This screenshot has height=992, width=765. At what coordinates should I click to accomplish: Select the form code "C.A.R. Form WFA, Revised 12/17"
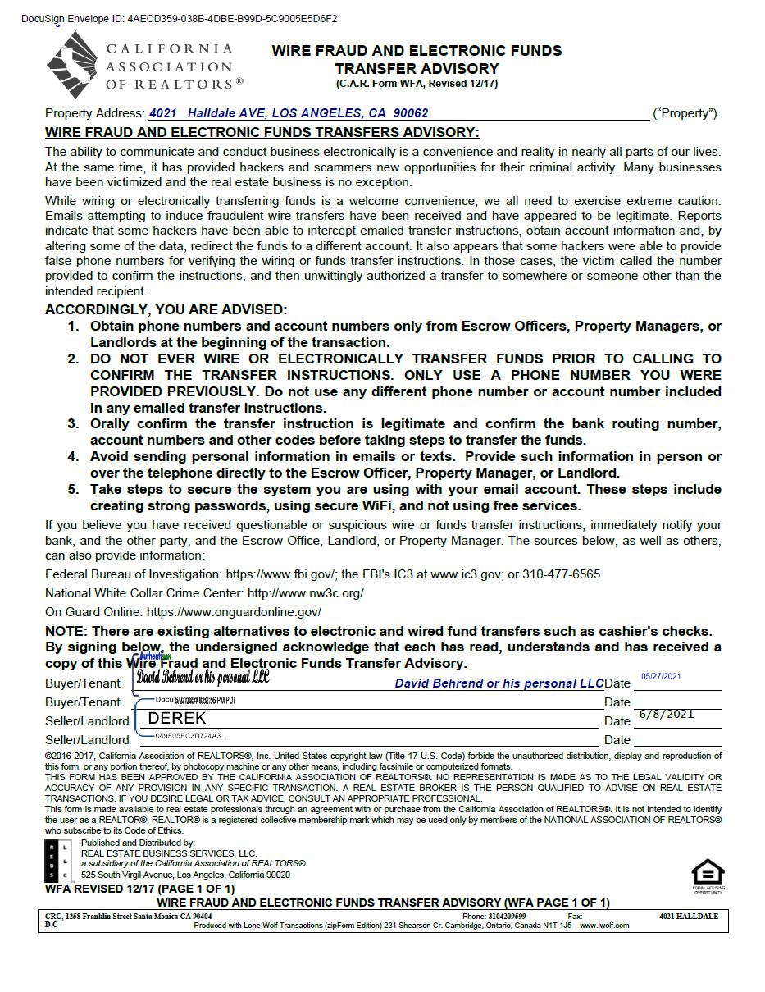(x=417, y=84)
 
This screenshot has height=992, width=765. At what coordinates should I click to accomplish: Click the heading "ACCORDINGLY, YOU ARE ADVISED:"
(x=166, y=309)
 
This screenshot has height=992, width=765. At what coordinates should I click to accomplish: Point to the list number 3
(x=73, y=424)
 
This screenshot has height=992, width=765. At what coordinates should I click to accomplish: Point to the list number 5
(x=73, y=490)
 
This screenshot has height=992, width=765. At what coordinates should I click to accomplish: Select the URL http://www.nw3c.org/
(x=305, y=593)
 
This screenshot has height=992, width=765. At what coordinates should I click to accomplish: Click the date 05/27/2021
(x=661, y=677)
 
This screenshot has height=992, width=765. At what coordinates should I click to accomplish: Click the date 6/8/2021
(x=666, y=714)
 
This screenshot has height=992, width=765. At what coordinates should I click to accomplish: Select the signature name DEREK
(x=177, y=719)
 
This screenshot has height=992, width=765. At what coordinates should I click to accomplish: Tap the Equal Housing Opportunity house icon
(x=708, y=873)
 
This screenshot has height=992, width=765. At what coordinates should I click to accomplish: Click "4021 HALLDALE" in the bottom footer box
(x=688, y=917)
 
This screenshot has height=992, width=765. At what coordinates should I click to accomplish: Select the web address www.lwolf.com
(x=604, y=926)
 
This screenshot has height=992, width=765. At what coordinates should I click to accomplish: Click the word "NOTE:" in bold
(x=66, y=632)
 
